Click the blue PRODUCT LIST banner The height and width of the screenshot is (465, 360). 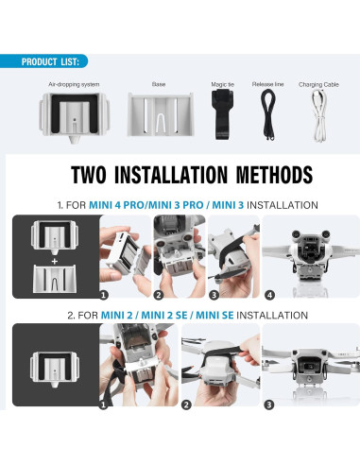point(47,61)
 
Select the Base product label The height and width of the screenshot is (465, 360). point(158,84)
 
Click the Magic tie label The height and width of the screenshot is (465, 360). point(223,84)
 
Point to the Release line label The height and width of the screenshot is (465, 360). point(267,84)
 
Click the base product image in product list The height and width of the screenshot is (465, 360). point(158,118)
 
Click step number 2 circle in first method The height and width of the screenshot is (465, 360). point(159,295)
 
